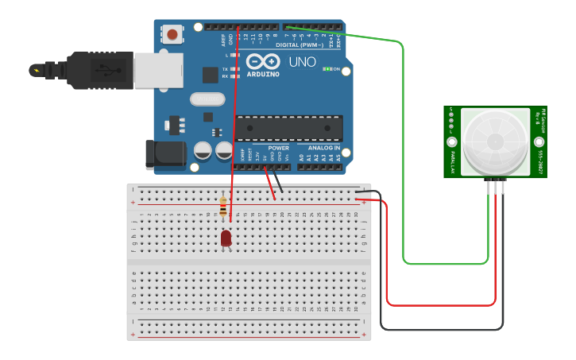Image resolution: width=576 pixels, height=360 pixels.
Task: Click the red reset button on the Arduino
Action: coord(172,34)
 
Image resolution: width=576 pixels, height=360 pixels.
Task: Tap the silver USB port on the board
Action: coord(158,70)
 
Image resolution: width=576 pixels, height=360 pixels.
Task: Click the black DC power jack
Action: coord(164,154)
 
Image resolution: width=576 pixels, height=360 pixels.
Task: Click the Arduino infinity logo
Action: coord(263,62)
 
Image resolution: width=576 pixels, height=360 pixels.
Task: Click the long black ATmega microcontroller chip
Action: coord(288,128)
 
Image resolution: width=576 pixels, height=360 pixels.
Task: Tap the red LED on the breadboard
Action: coord(226,238)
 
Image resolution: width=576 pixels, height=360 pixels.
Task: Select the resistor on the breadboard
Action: coord(223,207)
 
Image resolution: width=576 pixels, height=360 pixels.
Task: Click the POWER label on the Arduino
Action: coord(279,148)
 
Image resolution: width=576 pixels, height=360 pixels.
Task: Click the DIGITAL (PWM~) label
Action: coord(299,45)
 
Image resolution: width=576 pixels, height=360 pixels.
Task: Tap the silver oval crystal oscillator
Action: coord(207,99)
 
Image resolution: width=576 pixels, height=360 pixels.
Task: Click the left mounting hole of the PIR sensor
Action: coord(451,141)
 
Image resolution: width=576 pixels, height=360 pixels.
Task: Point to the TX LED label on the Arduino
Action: coord(225,69)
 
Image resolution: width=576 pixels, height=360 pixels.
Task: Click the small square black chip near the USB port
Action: coord(210,75)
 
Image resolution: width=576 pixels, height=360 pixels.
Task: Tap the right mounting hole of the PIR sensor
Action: coord(539,141)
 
